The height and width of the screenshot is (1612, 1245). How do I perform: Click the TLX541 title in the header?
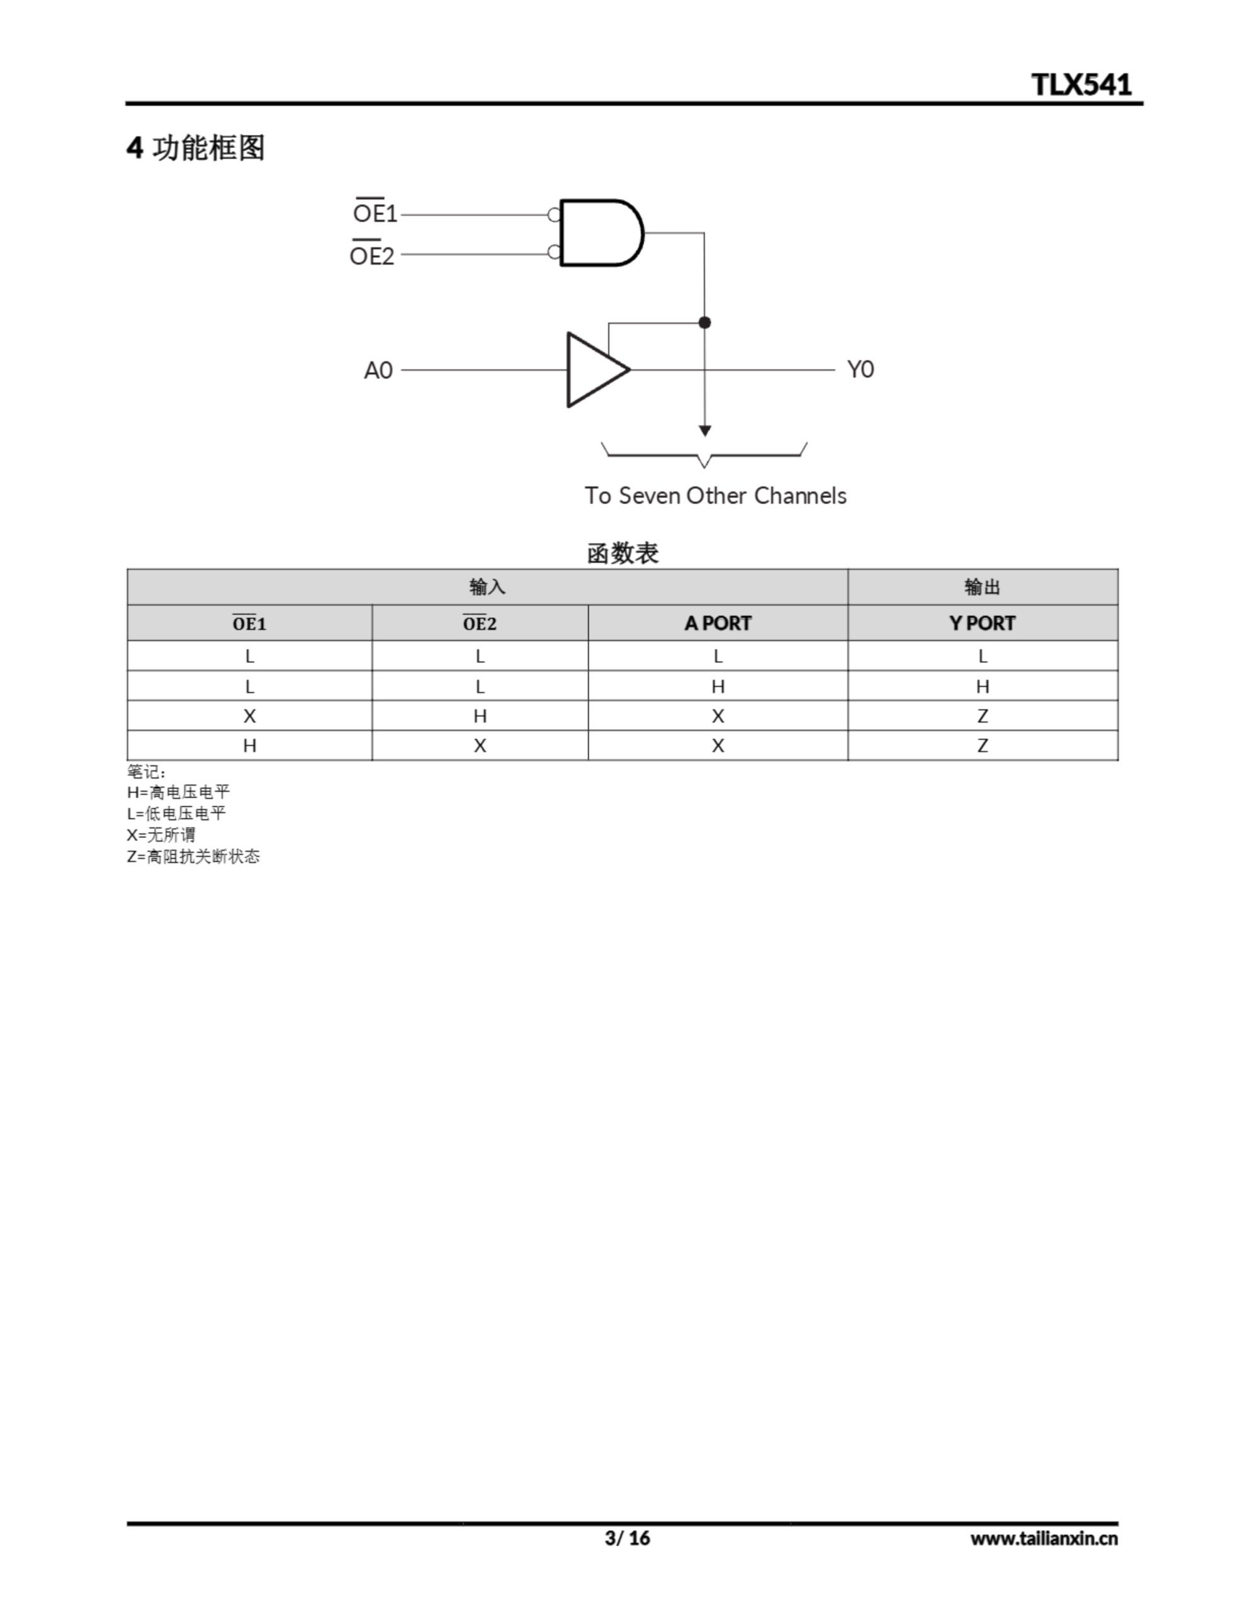[x=1081, y=84]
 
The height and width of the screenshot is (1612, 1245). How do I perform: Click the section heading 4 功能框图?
[x=196, y=147]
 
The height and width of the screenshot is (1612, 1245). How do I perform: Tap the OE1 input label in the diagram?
[x=375, y=213]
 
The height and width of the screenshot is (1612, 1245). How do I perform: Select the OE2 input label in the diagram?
[x=372, y=256]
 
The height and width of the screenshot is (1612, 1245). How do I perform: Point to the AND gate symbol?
[x=599, y=232]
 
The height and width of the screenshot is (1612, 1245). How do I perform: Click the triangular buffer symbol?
[x=595, y=369]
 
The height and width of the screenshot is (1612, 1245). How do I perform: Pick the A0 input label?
[x=378, y=370]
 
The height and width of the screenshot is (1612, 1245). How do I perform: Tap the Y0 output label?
[x=860, y=369]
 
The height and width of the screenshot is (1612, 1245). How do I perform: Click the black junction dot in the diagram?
[x=705, y=322]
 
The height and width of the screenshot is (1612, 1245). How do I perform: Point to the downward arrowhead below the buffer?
[x=705, y=430]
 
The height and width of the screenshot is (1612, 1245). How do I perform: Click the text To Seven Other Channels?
[x=715, y=496]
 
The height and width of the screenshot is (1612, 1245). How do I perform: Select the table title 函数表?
[x=622, y=553]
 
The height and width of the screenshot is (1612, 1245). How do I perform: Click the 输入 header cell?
[x=487, y=587]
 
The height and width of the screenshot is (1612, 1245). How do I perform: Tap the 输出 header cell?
[x=983, y=587]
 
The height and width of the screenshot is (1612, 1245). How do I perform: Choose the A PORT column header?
[x=718, y=623]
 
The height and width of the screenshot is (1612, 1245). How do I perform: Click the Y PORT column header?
[x=983, y=623]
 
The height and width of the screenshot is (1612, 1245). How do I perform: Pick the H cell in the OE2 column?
[x=480, y=716]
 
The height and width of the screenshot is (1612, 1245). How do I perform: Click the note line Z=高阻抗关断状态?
[x=193, y=856]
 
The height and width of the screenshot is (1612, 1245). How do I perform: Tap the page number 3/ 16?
[x=628, y=1538]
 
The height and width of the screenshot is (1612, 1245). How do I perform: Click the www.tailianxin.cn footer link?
[x=1044, y=1538]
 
